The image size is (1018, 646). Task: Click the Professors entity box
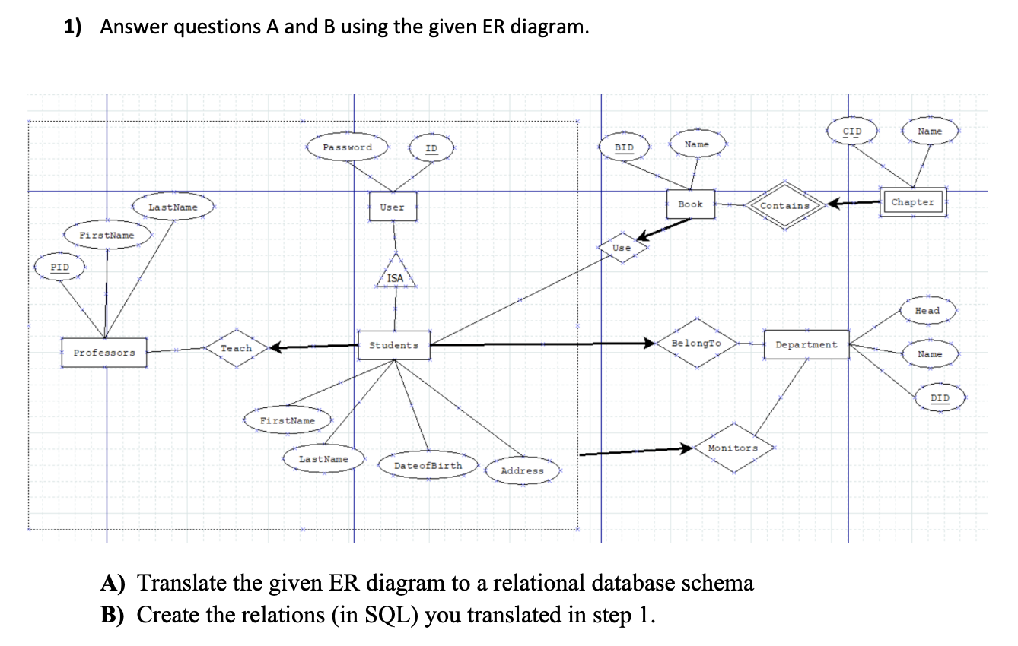(104, 353)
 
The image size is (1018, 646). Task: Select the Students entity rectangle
(393, 345)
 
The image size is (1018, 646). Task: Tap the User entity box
(393, 207)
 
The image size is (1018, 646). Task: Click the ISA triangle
(395, 274)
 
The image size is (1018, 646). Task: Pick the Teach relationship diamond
(236, 348)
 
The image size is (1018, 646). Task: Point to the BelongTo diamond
(696, 344)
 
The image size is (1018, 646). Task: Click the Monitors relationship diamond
(733, 448)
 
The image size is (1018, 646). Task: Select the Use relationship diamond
(622, 248)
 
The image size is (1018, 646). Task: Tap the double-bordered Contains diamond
(785, 205)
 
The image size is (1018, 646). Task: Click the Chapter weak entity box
(912, 202)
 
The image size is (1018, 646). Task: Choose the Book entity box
(690, 204)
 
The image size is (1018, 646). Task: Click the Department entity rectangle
(806, 344)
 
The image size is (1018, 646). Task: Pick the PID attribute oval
(59, 268)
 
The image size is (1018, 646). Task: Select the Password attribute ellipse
(348, 147)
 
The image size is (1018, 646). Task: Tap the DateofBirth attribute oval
(427, 465)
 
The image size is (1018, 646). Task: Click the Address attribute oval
(522, 470)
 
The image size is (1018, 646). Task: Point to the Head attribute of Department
(927, 310)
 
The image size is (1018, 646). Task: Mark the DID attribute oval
(940, 397)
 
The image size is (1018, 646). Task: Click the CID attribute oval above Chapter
(852, 131)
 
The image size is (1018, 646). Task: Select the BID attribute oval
(624, 147)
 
